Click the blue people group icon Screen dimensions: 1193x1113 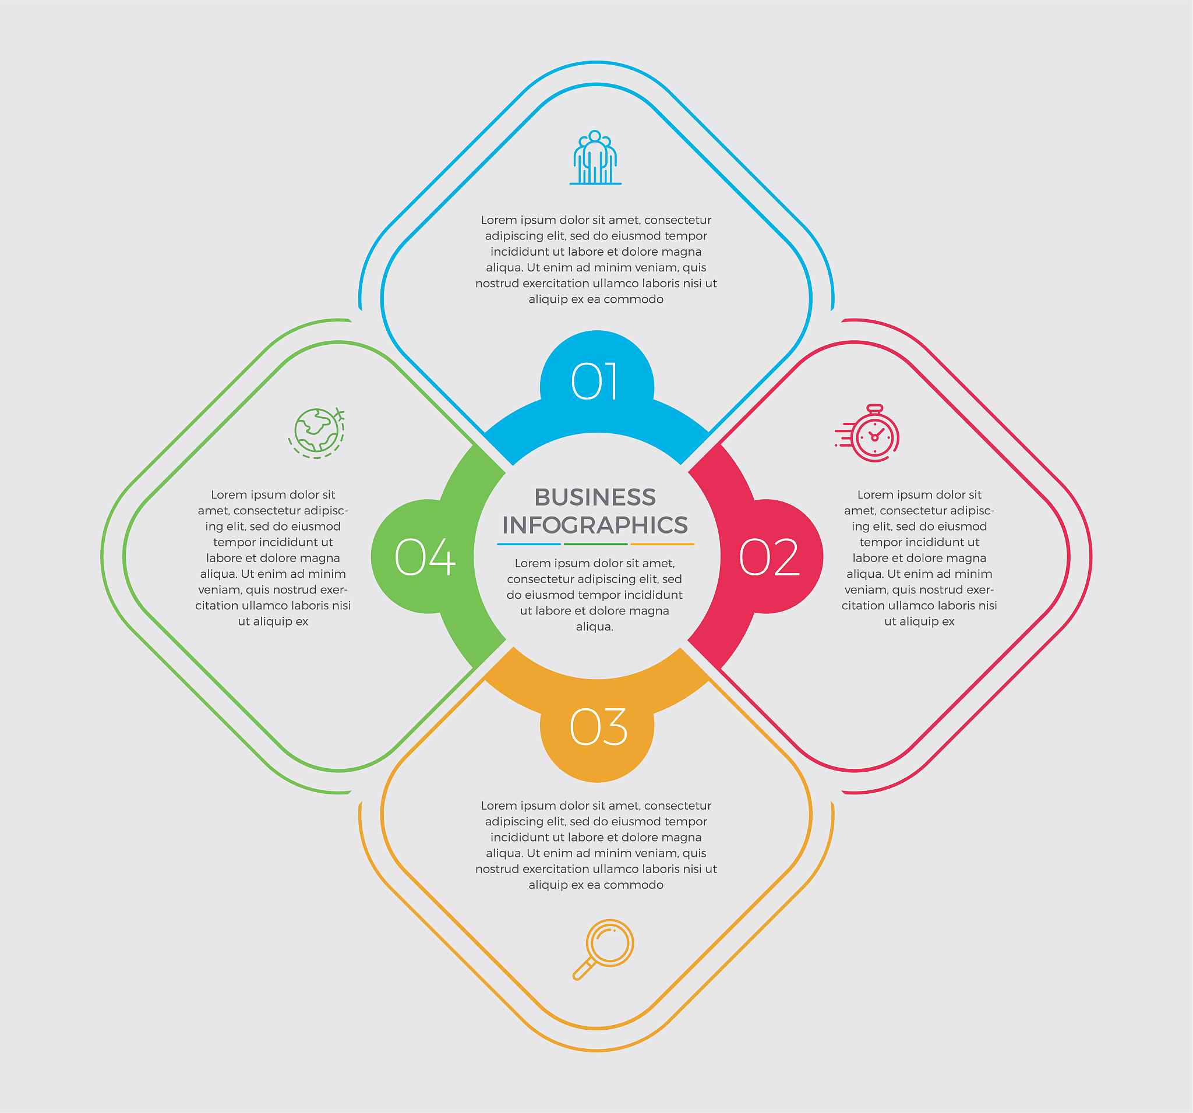pos(595,157)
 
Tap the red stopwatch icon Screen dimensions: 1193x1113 pos(868,433)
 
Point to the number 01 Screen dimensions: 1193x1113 pos(594,381)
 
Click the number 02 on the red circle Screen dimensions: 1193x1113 pos(770,557)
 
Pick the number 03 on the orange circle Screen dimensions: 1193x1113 pos(598,727)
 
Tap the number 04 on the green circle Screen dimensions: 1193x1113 pos(425,556)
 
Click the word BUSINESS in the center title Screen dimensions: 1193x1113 pos(595,497)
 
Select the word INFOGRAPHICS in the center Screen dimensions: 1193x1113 pos(595,525)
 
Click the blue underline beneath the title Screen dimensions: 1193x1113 pos(529,544)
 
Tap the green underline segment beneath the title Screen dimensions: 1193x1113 pos(596,544)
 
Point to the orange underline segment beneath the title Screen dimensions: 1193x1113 pos(662,544)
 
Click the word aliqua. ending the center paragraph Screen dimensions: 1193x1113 pos(595,627)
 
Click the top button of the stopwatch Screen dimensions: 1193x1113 pos(875,408)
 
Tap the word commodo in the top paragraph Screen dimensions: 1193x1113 pos(633,299)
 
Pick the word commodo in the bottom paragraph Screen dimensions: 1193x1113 pos(633,884)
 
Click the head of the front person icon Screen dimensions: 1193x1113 pos(595,136)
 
